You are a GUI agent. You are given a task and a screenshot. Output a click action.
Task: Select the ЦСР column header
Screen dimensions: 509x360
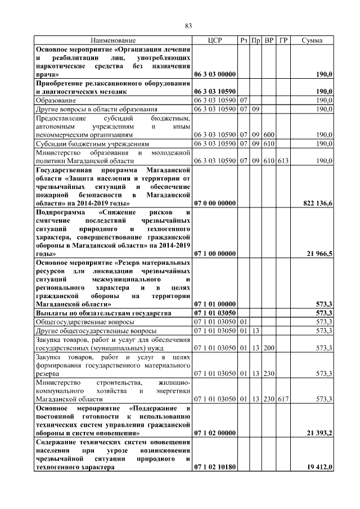pos(215,40)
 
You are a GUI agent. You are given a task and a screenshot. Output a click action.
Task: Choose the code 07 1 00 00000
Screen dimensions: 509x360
pos(215,254)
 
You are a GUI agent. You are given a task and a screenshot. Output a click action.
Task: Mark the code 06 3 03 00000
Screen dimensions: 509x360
pos(215,74)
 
